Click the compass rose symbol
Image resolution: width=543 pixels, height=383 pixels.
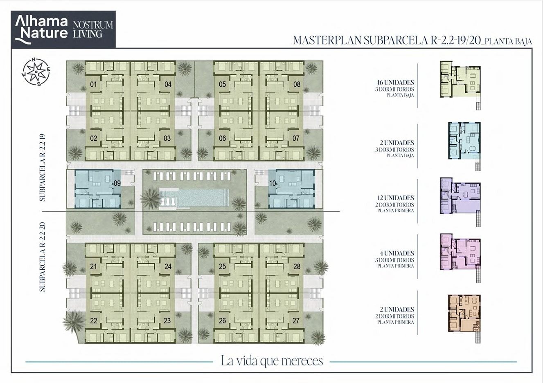coord(36,72)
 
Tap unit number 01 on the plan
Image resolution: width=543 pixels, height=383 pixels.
coord(93,84)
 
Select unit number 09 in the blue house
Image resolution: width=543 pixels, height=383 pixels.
coord(117,183)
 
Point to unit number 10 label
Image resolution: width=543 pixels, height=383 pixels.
coord(273,183)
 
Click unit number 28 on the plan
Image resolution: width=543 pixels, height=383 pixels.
coord(297,267)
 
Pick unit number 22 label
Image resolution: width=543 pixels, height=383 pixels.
coord(94,321)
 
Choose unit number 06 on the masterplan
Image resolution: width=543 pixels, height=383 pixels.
coord(222,138)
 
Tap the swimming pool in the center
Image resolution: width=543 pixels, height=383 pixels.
coord(194,197)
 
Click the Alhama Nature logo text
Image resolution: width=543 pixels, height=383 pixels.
coord(41,29)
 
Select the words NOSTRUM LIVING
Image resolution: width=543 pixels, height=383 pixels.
coord(93,29)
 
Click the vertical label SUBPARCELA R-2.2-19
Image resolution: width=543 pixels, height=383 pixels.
coord(43,168)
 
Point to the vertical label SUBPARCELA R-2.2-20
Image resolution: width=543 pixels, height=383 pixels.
coord(43,257)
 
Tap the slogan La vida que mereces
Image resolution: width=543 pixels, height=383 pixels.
coord(272,361)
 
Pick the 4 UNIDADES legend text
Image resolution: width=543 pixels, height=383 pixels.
coord(397,253)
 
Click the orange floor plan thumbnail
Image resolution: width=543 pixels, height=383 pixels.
coord(464,314)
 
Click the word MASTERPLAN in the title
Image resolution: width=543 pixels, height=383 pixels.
coord(327,40)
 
